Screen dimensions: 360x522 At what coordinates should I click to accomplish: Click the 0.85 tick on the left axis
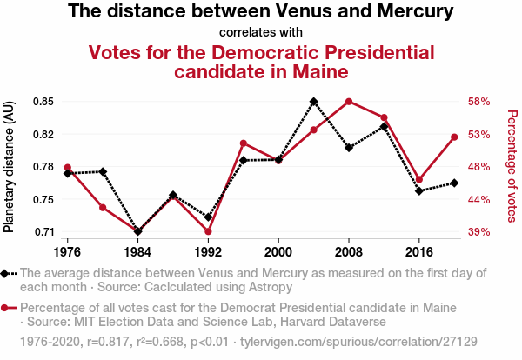click(42, 101)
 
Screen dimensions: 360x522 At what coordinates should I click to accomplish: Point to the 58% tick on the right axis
click(480, 101)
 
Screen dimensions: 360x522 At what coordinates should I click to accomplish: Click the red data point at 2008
click(349, 102)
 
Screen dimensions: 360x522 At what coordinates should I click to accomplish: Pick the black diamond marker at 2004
click(313, 102)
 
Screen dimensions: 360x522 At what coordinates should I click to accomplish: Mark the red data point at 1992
click(208, 231)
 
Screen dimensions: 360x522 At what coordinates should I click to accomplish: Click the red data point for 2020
click(454, 137)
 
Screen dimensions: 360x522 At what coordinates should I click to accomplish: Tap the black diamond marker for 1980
click(103, 171)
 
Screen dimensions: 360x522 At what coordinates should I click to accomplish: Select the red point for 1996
click(244, 143)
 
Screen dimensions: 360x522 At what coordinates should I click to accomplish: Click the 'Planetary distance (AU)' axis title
click(10, 166)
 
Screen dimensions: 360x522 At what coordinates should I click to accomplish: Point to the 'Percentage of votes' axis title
click(512, 165)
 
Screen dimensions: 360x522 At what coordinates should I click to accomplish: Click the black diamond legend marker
click(7, 273)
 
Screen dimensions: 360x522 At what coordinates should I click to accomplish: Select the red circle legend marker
click(7, 308)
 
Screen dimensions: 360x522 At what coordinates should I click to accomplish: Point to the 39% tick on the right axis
click(480, 232)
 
